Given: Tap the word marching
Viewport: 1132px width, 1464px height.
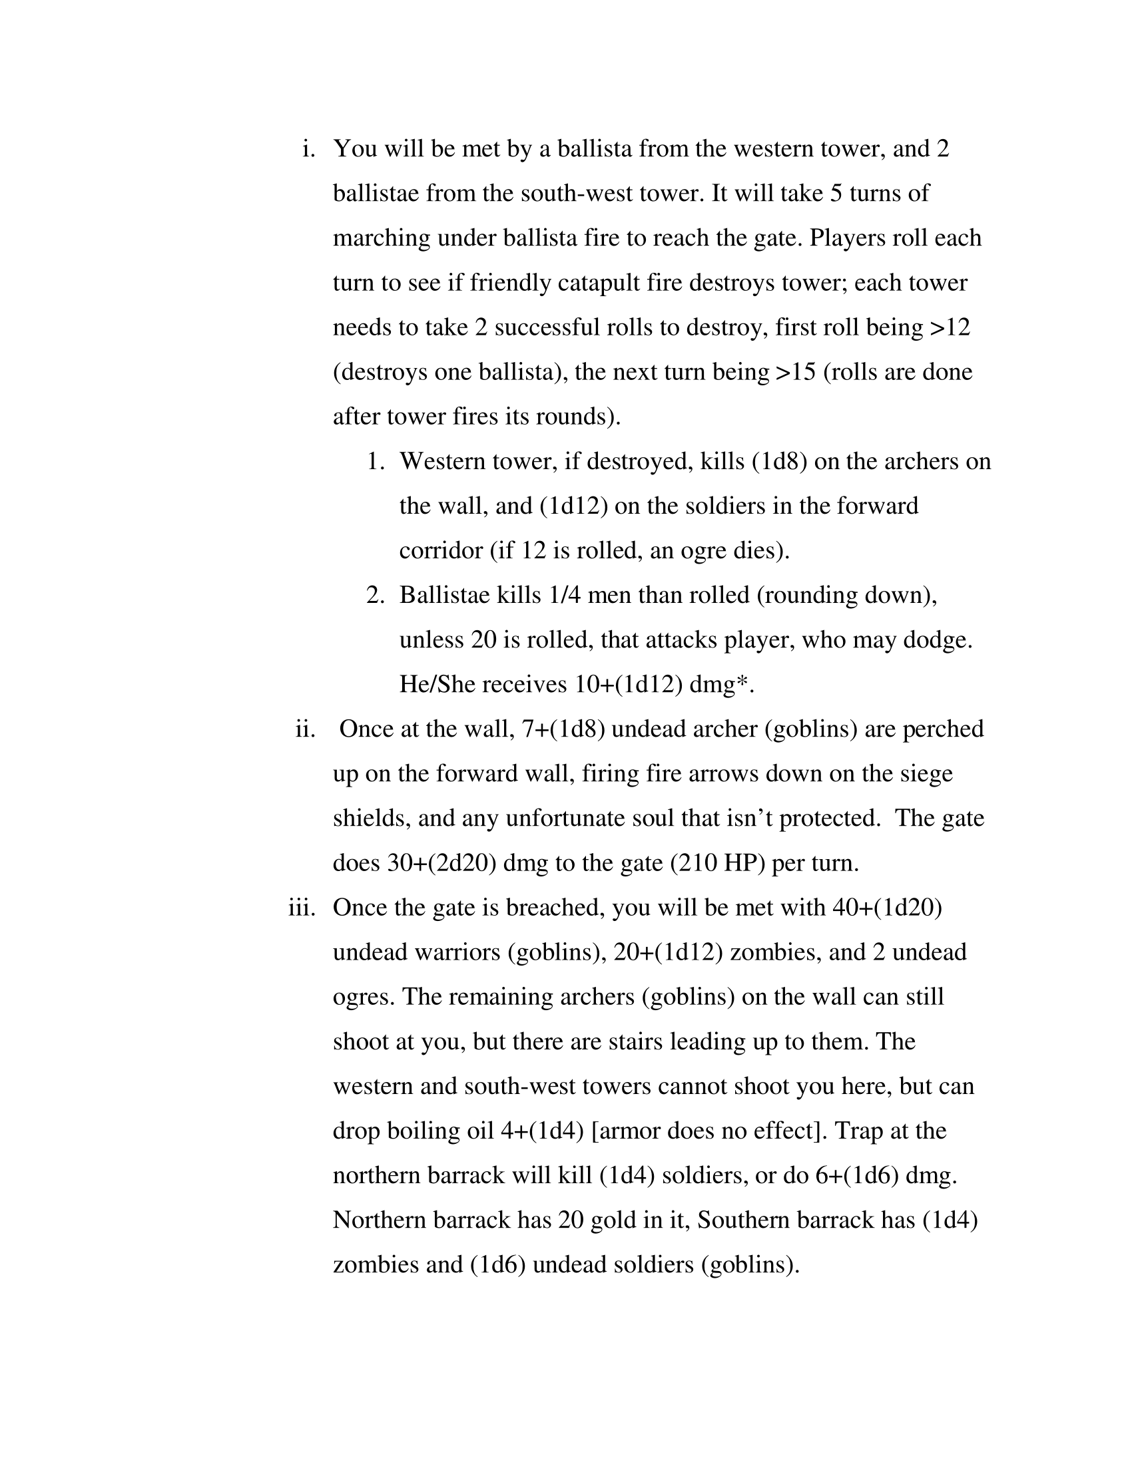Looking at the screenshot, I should (382, 239).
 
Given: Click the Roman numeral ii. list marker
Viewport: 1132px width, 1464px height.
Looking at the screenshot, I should (305, 729).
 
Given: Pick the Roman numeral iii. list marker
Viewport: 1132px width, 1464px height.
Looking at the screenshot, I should (302, 908).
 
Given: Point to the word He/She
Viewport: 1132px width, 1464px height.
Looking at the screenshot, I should (437, 684).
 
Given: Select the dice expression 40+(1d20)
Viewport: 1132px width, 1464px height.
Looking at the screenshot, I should (886, 908).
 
